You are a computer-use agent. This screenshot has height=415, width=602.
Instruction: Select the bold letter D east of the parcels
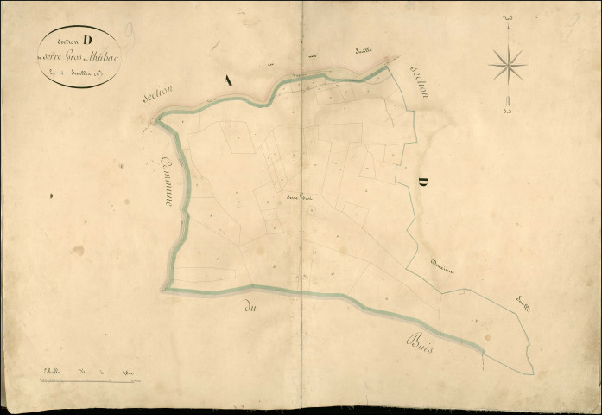tap(423, 182)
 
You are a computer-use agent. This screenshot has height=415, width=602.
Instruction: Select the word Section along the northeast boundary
tap(421, 83)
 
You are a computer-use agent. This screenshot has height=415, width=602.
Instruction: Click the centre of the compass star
tap(508, 63)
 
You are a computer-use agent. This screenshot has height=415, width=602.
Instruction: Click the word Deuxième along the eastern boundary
tap(445, 265)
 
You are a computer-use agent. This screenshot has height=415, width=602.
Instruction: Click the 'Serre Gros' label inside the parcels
tap(299, 195)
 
